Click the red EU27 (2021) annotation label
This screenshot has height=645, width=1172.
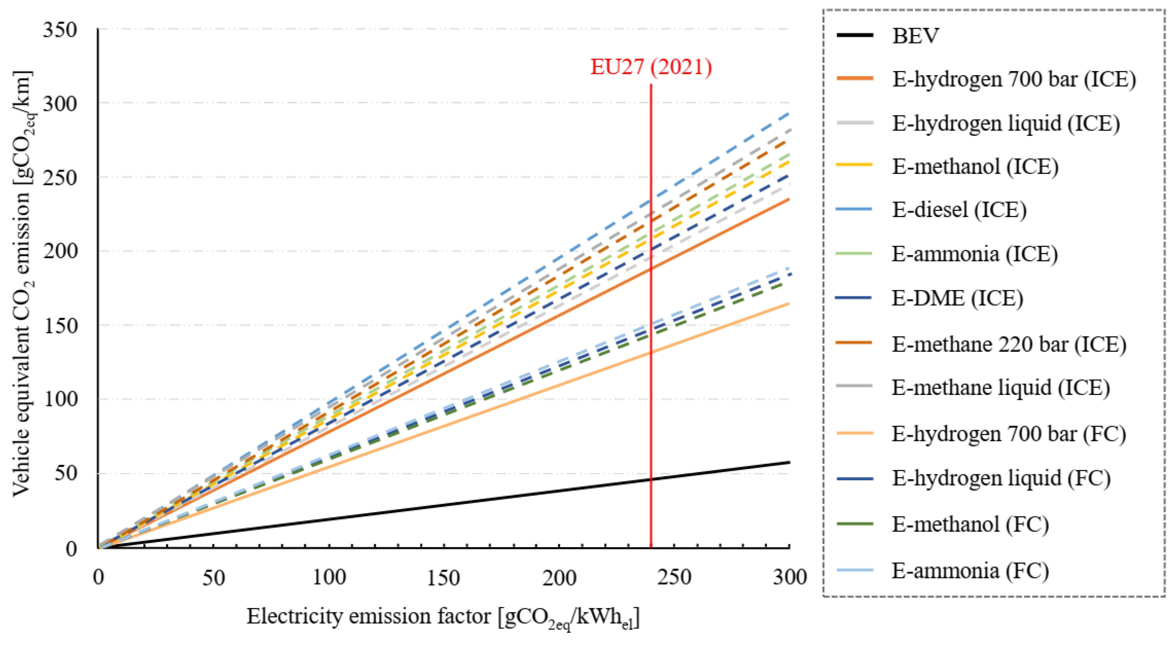(651, 67)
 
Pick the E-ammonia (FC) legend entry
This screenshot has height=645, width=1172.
(970, 570)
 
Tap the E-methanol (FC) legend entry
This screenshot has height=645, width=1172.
(970, 524)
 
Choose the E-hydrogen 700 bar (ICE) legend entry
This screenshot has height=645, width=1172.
(1013, 79)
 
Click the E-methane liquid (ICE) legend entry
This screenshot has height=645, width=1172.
(1000, 388)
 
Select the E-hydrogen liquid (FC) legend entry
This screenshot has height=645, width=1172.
(1001, 478)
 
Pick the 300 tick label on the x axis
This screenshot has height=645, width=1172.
(789, 578)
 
